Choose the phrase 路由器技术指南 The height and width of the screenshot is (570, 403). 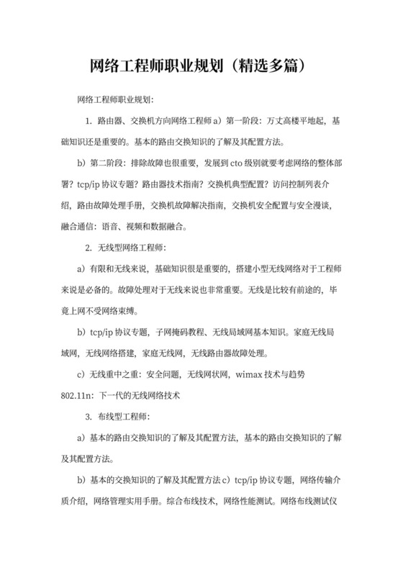[x=173, y=184]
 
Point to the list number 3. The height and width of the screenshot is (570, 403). [x=87, y=417]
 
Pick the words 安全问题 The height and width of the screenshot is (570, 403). [x=163, y=375]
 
